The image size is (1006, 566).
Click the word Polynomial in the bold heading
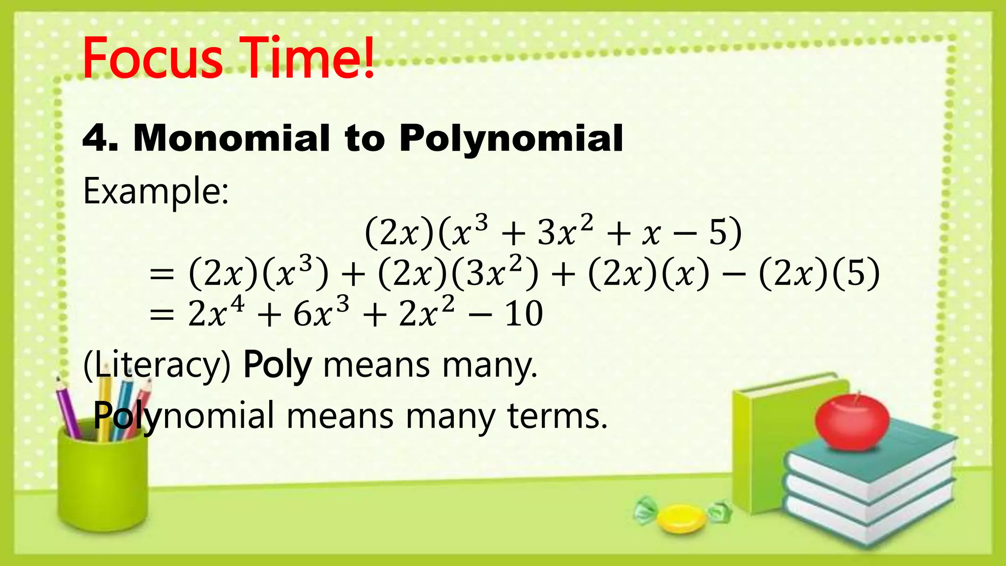coord(511,139)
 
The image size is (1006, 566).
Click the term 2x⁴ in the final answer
coord(216,313)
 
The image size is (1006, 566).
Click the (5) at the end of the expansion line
coord(855,273)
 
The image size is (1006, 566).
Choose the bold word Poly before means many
coord(278,366)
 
